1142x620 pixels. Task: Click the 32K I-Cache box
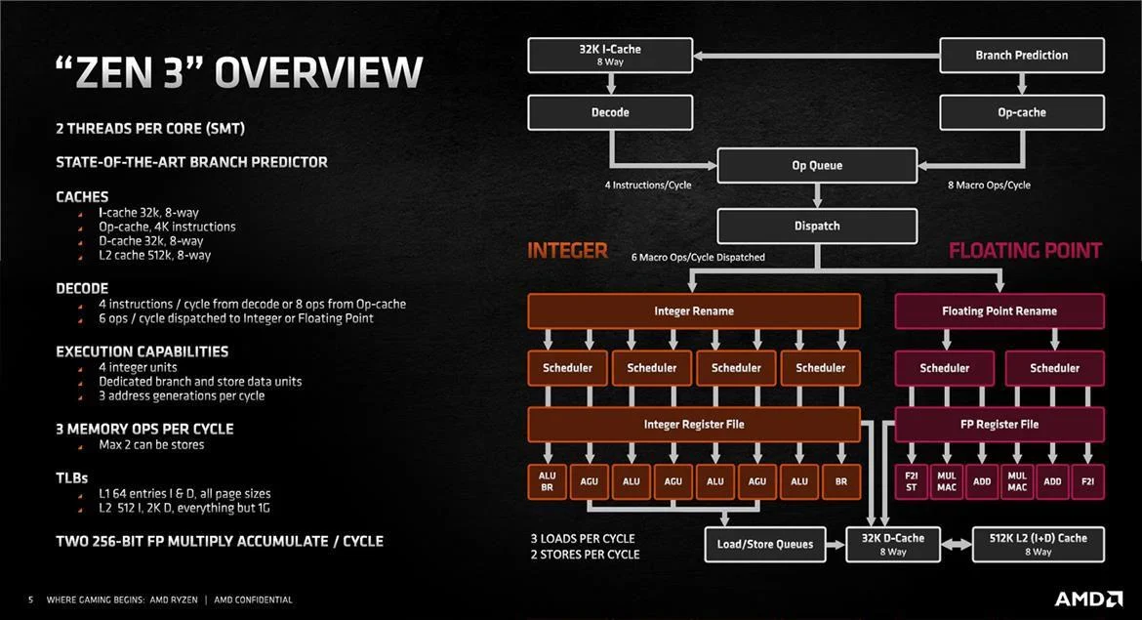tap(610, 55)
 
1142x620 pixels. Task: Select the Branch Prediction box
tap(1021, 55)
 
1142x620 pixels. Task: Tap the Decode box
tap(610, 112)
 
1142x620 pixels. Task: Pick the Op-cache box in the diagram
tap(1021, 112)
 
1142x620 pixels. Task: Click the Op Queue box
tap(817, 166)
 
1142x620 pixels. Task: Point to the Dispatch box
tap(817, 227)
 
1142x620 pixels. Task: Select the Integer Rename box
tap(694, 311)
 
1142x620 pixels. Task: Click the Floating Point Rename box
tap(999, 311)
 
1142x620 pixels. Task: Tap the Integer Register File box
tap(694, 425)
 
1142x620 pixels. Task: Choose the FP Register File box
tap(999, 425)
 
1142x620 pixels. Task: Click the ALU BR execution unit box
tap(548, 482)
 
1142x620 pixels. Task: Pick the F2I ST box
tap(912, 482)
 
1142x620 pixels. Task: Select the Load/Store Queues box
tap(765, 545)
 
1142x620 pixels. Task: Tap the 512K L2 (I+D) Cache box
tap(1039, 545)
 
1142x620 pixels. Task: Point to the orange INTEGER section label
tap(567, 251)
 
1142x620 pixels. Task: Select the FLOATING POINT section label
tap(1025, 251)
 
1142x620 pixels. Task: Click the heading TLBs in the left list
tap(72, 478)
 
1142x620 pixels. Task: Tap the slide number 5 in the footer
tap(30, 599)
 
